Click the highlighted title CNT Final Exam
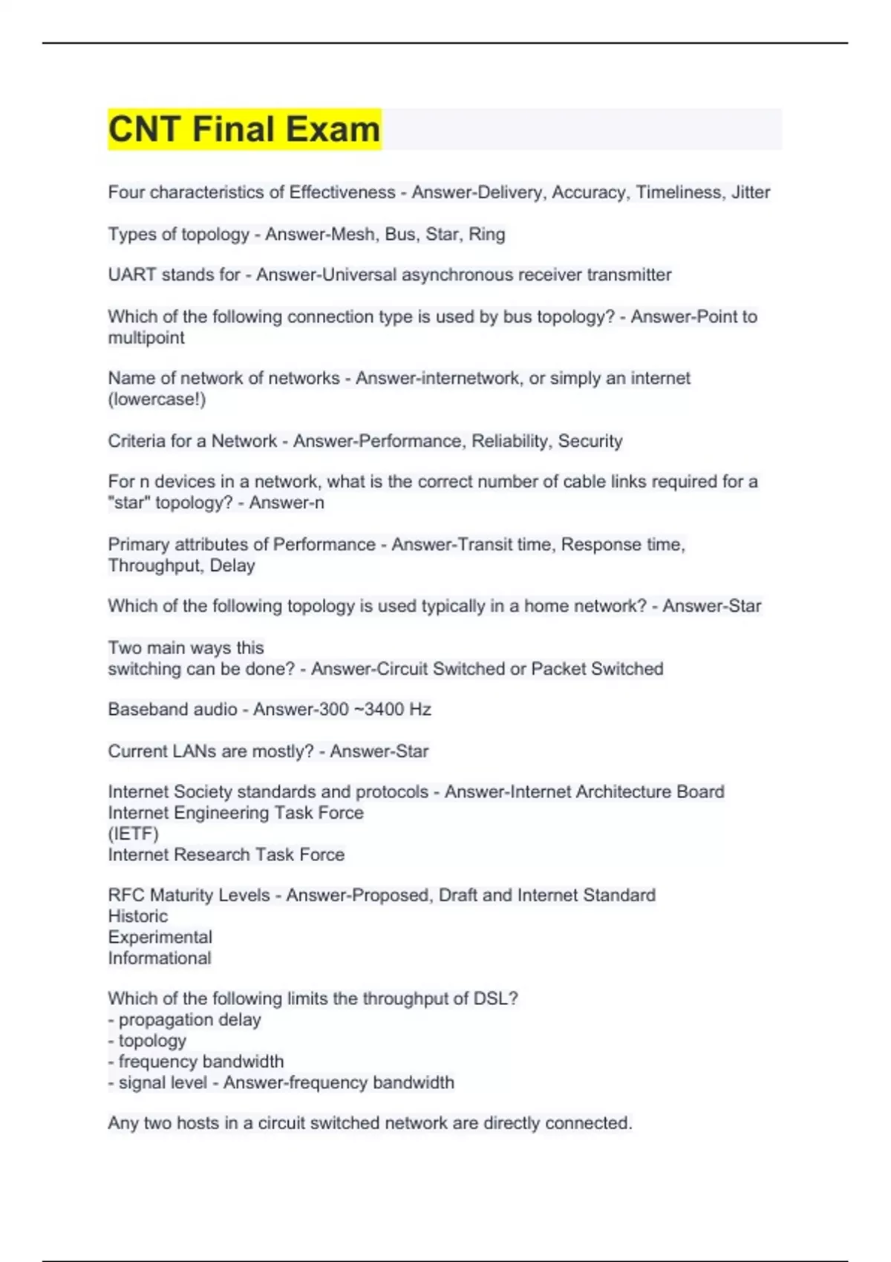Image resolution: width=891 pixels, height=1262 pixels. [244, 129]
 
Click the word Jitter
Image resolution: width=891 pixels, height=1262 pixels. [750, 192]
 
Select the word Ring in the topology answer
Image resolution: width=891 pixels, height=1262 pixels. [486, 235]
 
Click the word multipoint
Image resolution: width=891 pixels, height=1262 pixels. [146, 338]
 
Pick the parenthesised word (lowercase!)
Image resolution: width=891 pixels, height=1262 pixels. [157, 399]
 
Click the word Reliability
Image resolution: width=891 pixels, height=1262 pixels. [509, 441]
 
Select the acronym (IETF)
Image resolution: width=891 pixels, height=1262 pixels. [134, 834]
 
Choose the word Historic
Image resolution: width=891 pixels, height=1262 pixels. [138, 916]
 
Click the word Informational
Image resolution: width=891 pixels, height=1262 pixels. [160, 958]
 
